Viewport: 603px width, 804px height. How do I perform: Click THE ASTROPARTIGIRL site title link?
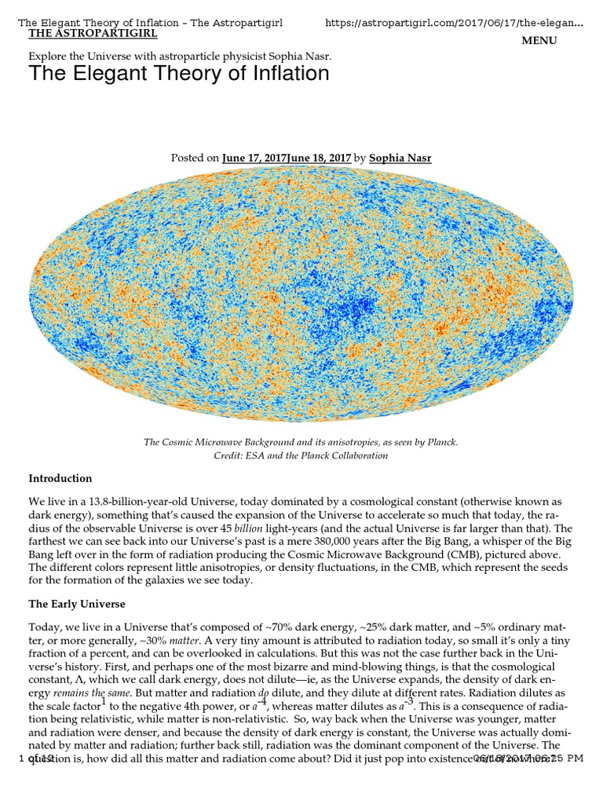point(93,34)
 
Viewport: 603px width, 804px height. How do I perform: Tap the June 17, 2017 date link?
point(254,158)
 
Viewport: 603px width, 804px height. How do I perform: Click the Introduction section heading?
point(60,478)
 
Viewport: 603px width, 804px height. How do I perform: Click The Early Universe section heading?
point(77,604)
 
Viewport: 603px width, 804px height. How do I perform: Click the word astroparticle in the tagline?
point(233,57)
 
